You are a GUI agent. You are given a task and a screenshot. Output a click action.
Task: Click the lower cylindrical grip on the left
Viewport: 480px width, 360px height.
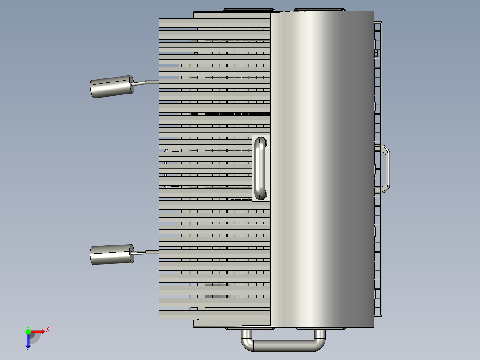[x=112, y=254]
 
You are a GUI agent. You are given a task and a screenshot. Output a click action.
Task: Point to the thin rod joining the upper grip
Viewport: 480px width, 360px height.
[x=146, y=82]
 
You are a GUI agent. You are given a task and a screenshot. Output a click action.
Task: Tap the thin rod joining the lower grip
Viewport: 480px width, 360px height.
[x=146, y=253]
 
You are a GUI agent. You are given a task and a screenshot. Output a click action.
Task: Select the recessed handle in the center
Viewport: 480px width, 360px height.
[x=260, y=168]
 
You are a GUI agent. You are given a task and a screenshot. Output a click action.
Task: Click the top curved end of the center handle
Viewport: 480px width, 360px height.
[x=260, y=142]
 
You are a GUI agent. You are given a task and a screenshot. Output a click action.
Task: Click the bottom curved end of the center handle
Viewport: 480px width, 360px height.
[x=260, y=194]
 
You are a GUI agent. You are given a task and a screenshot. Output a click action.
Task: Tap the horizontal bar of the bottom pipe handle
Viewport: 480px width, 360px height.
[x=283, y=345]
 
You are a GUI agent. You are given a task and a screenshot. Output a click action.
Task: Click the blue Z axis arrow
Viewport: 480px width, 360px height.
[x=28, y=341]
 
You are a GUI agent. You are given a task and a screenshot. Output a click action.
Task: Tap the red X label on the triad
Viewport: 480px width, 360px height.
[x=47, y=329]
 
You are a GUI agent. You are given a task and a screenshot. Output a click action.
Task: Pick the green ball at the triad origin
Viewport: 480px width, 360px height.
[x=28, y=331]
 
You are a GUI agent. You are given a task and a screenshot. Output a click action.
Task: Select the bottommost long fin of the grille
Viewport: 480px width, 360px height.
[x=214, y=315]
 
